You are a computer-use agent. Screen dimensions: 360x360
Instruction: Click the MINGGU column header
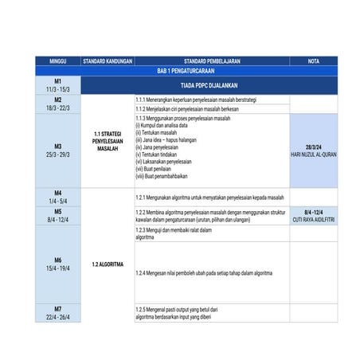pyautogui.click(x=58, y=61)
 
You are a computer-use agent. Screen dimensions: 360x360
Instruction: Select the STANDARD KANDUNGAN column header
pyautogui.click(x=108, y=61)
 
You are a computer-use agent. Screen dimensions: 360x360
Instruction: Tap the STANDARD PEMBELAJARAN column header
pyautogui.click(x=212, y=61)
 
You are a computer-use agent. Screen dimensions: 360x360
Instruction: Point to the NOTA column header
pyautogui.click(x=313, y=61)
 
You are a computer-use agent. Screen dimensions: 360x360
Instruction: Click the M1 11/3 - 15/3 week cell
pyautogui.click(x=58, y=85)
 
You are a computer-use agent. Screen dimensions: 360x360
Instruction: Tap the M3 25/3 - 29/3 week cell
pyautogui.click(x=58, y=150)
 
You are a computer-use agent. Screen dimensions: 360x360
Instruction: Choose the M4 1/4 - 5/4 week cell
pyautogui.click(x=58, y=197)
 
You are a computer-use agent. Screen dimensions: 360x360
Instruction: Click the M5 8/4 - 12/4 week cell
pyautogui.click(x=58, y=215)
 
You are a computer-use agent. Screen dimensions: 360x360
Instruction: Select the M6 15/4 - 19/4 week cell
pyautogui.click(x=58, y=264)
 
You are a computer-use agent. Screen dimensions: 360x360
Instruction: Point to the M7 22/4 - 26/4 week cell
pyautogui.click(x=58, y=312)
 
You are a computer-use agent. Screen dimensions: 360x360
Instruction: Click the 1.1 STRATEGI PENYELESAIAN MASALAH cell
pyautogui.click(x=108, y=141)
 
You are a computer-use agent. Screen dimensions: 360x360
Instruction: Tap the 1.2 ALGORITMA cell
pyautogui.click(x=108, y=263)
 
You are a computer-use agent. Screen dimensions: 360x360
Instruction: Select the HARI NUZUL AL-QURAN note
pyautogui.click(x=313, y=154)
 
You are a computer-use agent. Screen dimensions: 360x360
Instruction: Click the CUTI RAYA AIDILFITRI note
pyautogui.click(x=313, y=219)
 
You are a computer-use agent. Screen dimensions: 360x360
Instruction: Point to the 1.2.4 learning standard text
pyautogui.click(x=205, y=272)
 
